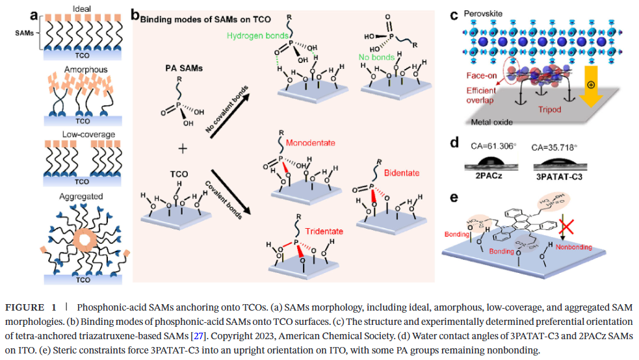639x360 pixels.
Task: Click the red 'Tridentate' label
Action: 323,231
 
